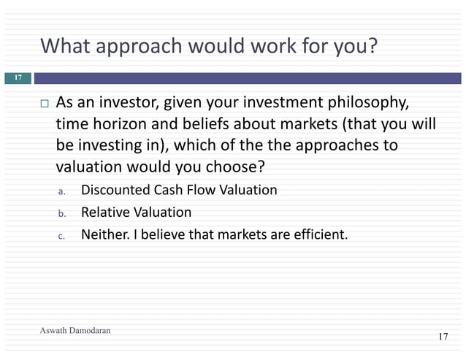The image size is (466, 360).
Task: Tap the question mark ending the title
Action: click(x=373, y=46)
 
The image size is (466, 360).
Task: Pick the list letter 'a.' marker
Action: click(x=62, y=191)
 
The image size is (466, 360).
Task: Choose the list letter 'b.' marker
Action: click(x=62, y=214)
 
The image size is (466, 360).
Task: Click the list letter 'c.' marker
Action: click(x=62, y=236)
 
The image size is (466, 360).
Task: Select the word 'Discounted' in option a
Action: click(x=114, y=191)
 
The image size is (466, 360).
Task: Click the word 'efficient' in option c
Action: click(x=317, y=235)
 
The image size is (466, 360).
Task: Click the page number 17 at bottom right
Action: click(x=443, y=337)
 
